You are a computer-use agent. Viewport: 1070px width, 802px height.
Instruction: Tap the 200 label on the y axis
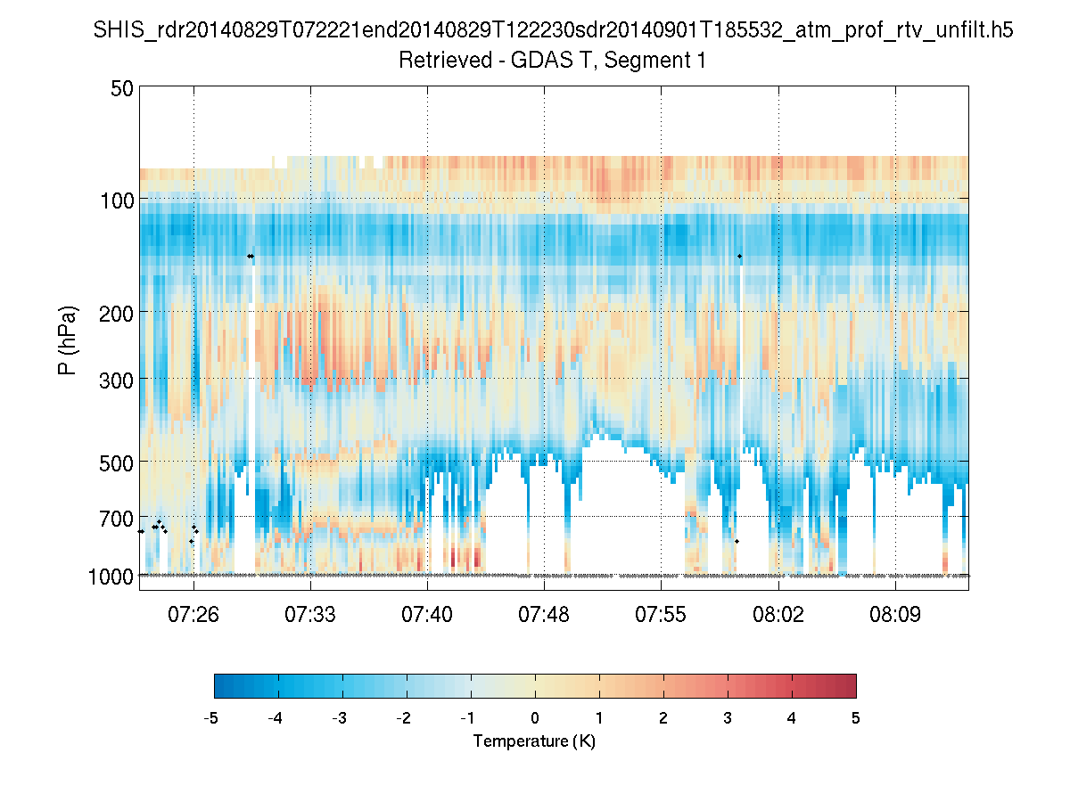click(117, 312)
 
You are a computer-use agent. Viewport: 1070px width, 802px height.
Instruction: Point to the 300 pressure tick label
click(117, 378)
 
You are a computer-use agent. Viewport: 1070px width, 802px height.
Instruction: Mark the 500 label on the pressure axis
click(117, 461)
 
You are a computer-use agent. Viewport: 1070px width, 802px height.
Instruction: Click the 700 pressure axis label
click(117, 517)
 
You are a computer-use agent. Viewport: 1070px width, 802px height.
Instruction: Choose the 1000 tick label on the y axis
click(111, 576)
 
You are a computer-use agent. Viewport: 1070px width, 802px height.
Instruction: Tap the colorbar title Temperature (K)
click(534, 741)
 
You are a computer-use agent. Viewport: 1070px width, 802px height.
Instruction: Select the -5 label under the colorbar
click(211, 717)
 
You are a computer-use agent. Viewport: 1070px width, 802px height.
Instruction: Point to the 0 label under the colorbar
click(535, 717)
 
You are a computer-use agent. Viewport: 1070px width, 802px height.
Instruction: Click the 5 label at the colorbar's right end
click(855, 717)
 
